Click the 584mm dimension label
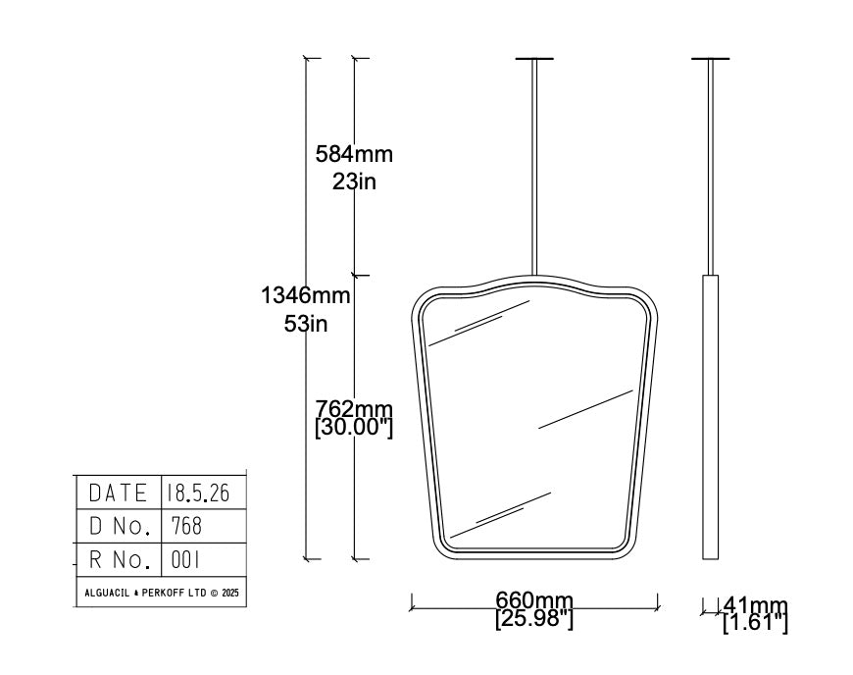pyautogui.click(x=354, y=154)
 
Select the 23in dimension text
pyautogui.click(x=354, y=182)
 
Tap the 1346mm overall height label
pyautogui.click(x=306, y=295)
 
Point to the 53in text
pyautogui.click(x=306, y=324)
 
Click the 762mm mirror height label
pyautogui.click(x=354, y=408)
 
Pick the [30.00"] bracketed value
pyautogui.click(x=354, y=428)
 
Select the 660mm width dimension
pyautogui.click(x=534, y=600)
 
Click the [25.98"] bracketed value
pyautogui.click(x=534, y=619)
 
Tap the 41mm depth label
pyautogui.click(x=756, y=604)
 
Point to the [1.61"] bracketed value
pyautogui.click(x=756, y=622)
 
